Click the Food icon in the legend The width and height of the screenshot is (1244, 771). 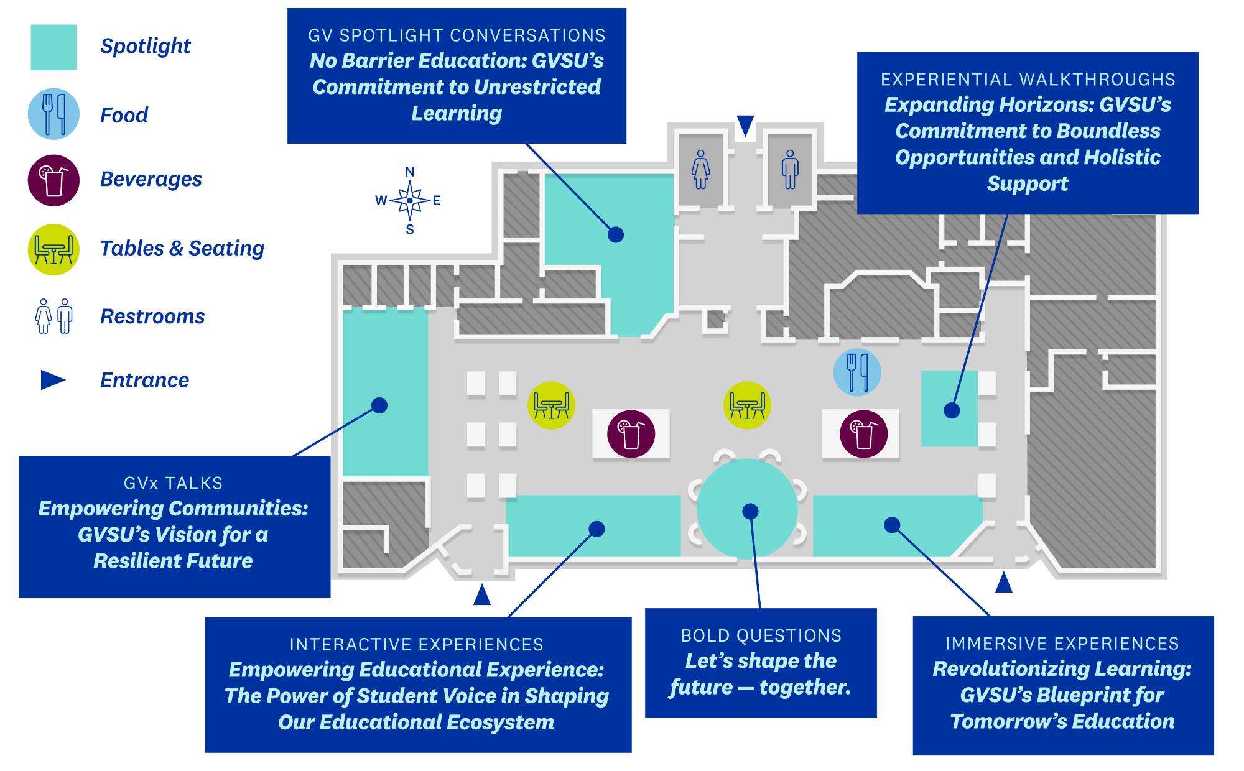[53, 114]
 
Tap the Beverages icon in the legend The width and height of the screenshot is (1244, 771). [53, 180]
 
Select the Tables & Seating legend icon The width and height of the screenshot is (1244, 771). [53, 249]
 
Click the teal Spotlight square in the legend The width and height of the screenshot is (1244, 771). [53, 47]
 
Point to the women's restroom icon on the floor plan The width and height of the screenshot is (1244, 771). [701, 169]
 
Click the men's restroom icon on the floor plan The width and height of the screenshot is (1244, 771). [790, 169]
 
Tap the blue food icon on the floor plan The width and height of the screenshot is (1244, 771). [857, 372]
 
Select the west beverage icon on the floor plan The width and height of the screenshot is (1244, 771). [631, 434]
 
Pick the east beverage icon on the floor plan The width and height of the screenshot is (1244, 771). [863, 434]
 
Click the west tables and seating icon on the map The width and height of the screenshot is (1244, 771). [551, 405]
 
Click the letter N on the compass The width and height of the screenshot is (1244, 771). [409, 172]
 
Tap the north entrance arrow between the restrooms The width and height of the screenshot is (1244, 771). [745, 125]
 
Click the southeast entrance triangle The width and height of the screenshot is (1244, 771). [1003, 583]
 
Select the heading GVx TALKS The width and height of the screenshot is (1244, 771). [173, 483]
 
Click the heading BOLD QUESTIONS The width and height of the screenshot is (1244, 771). [761, 635]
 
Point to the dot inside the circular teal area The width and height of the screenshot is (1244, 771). [750, 511]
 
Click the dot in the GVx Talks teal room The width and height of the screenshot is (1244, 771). [379, 405]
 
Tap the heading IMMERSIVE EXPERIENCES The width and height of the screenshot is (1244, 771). [1062, 644]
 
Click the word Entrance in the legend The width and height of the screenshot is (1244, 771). [144, 380]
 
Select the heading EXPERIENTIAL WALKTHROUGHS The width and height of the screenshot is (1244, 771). [1028, 80]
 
